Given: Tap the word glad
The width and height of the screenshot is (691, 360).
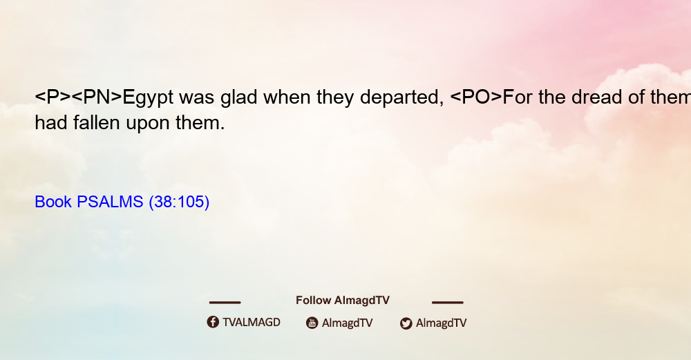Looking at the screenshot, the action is coord(239,97).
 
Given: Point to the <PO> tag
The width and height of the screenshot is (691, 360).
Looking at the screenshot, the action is coord(476,97).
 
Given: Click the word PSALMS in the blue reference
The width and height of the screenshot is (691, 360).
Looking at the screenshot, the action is coord(110,202).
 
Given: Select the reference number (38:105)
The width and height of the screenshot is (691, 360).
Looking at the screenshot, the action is coord(179,202).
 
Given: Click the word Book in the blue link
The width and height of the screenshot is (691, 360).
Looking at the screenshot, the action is coord(53,202).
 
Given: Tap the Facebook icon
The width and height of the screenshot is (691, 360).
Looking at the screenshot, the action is coord(213,322).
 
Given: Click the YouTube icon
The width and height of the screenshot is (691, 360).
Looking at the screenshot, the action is coord(312,323).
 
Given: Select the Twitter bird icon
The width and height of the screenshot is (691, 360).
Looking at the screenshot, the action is coord(406,323).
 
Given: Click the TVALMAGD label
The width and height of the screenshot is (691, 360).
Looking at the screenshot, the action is coord(252,323).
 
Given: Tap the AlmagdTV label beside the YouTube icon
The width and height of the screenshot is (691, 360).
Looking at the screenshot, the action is coord(348,323).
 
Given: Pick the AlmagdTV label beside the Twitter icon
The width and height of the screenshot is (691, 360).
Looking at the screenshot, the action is coord(441,323).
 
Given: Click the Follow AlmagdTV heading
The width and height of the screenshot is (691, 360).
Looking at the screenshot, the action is coord(343,301).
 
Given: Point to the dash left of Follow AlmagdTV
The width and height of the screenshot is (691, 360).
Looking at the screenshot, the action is coord(225,303).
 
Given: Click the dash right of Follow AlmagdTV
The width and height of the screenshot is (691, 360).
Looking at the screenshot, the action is coord(448,303).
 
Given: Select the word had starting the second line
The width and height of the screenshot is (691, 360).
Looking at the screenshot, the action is coord(51,122).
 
